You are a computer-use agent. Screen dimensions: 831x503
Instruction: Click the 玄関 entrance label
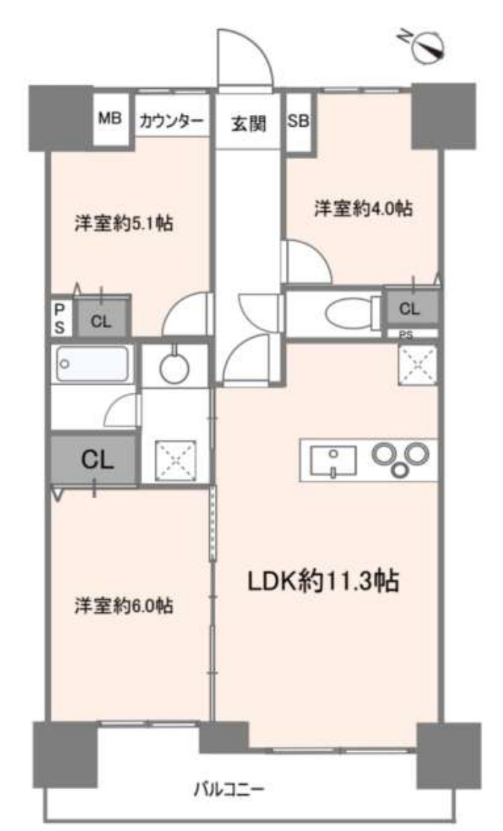click(248, 124)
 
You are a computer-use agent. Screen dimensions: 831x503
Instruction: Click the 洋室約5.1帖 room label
click(124, 223)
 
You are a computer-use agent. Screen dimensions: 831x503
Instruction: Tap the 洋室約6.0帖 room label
click(124, 606)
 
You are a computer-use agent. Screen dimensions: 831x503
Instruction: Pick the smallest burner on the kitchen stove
click(402, 469)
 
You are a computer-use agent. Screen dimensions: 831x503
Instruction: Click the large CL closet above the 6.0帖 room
click(96, 459)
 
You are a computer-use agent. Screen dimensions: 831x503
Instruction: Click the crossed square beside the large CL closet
click(175, 459)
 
